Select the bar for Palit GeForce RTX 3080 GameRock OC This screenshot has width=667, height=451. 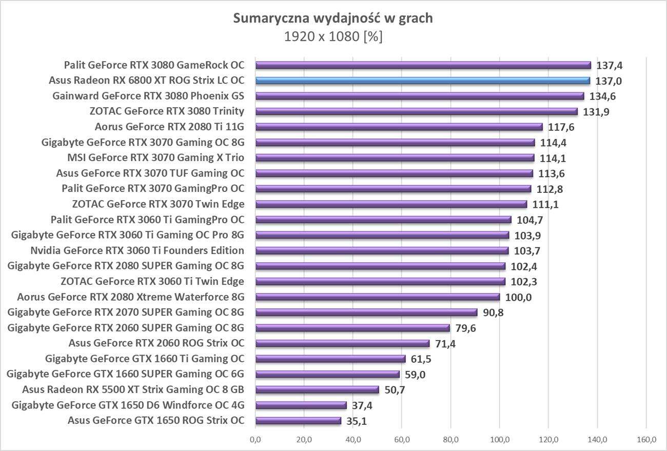click(423, 65)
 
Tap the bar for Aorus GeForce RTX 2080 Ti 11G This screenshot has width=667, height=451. click(399, 127)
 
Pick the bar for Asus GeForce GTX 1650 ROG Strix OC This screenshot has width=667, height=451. click(298, 421)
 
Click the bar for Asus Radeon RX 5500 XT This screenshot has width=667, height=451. click(317, 390)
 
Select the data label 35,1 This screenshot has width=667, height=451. click(356, 421)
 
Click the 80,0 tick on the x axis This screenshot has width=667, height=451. click(450, 440)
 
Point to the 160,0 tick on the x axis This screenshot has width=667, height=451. click(646, 440)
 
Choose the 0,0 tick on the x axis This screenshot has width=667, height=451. click(256, 440)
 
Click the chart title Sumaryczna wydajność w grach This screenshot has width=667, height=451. click(333, 18)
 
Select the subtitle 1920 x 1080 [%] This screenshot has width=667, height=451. click(333, 36)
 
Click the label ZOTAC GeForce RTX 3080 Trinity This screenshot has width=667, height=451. click(167, 111)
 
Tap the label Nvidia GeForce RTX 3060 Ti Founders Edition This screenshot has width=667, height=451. click(137, 250)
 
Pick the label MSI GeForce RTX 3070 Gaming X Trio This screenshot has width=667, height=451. click(156, 158)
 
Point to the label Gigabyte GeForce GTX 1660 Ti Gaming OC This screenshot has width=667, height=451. click(145, 359)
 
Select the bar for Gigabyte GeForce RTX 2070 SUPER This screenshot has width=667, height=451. click(366, 312)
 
